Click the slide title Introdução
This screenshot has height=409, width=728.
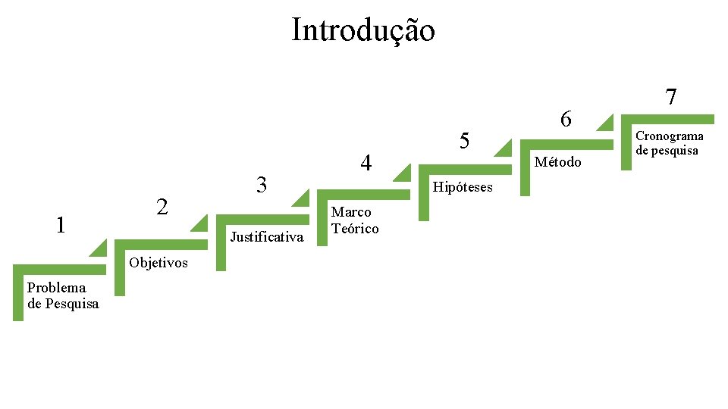tap(363, 30)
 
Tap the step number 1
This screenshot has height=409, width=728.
tap(61, 225)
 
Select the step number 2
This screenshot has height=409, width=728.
tap(162, 206)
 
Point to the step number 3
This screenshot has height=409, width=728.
tap(262, 184)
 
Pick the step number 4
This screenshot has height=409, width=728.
tap(366, 163)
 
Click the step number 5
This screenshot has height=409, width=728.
tap(466, 141)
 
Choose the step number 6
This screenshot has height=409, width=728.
tap(566, 119)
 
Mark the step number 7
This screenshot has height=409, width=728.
tap(670, 97)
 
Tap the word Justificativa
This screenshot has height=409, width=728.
tap(267, 237)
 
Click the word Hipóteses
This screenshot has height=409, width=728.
tap(462, 187)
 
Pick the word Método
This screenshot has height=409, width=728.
tap(558, 162)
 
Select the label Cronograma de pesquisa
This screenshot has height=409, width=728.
tap(670, 143)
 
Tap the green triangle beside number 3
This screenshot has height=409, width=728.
tap(301, 198)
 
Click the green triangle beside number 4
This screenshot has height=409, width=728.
tap(402, 173)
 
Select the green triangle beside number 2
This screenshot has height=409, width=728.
tap(201, 223)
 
